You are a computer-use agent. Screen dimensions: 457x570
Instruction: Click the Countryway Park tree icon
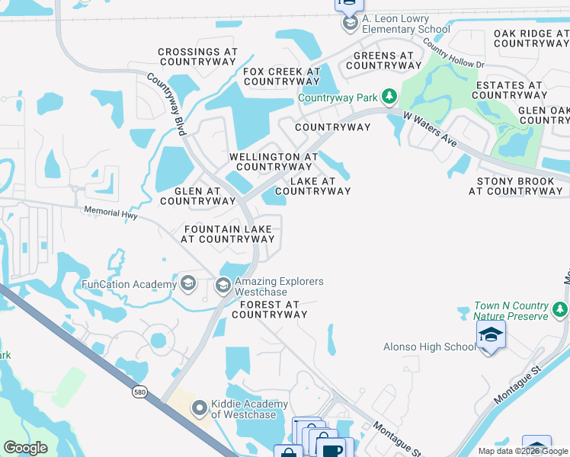[x=390, y=97]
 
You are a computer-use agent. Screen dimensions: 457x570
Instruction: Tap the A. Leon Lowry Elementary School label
[x=395, y=24]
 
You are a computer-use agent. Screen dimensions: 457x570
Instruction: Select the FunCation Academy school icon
[x=188, y=285]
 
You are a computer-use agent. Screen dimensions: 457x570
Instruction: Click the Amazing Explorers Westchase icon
[x=223, y=286]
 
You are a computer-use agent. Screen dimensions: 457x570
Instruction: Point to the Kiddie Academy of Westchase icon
[x=200, y=409]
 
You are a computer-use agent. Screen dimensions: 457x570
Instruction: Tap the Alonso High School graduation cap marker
[x=491, y=336]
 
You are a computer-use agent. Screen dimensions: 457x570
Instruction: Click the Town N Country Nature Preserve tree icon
[x=560, y=310]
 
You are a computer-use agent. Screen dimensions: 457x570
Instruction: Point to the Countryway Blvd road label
[x=166, y=105]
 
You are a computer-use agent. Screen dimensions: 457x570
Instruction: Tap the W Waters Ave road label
[x=430, y=130]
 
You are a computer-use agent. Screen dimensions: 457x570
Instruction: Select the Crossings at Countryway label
[x=198, y=58]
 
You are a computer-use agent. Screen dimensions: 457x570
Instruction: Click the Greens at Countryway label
[x=384, y=60]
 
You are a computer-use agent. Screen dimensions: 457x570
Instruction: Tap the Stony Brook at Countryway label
[x=515, y=187]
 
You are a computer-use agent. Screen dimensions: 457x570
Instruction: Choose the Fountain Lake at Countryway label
[x=228, y=234]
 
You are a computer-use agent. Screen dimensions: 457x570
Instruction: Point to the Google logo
[x=25, y=448]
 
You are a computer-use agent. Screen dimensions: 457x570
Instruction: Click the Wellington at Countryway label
[x=274, y=161]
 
